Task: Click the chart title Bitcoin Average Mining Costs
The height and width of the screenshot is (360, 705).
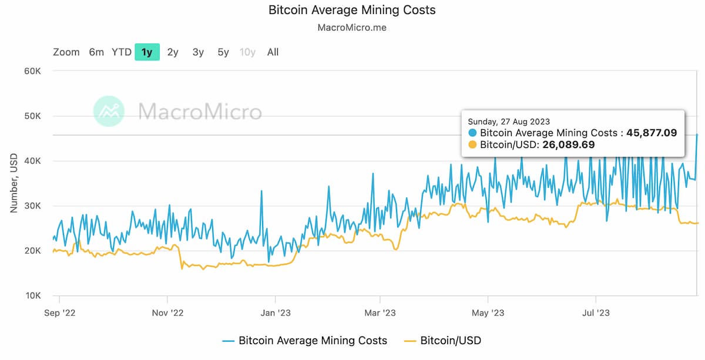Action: pos(352,10)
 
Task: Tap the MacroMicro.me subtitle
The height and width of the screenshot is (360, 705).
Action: pos(352,28)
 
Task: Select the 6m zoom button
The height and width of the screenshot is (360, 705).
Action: pos(96,52)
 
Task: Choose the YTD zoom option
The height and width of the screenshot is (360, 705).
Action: pos(122,52)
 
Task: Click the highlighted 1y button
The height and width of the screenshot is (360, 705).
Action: pos(147,52)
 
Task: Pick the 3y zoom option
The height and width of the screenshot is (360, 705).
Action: pos(198,52)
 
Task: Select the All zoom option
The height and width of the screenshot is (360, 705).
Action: pos(273,52)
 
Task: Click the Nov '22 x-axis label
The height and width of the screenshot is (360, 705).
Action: pos(167,313)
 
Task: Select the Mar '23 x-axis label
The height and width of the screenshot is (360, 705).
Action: pos(380,313)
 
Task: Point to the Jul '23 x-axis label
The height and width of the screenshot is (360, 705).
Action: pos(596,313)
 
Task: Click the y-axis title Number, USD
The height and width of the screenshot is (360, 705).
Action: pos(14,183)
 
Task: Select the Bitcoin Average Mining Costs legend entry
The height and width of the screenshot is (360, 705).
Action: pos(313,340)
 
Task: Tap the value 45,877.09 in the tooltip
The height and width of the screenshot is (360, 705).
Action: pos(652,133)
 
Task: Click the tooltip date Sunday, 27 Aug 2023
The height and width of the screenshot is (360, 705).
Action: pos(509,122)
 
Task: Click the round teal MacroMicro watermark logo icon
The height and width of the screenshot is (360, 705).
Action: pos(109,111)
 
